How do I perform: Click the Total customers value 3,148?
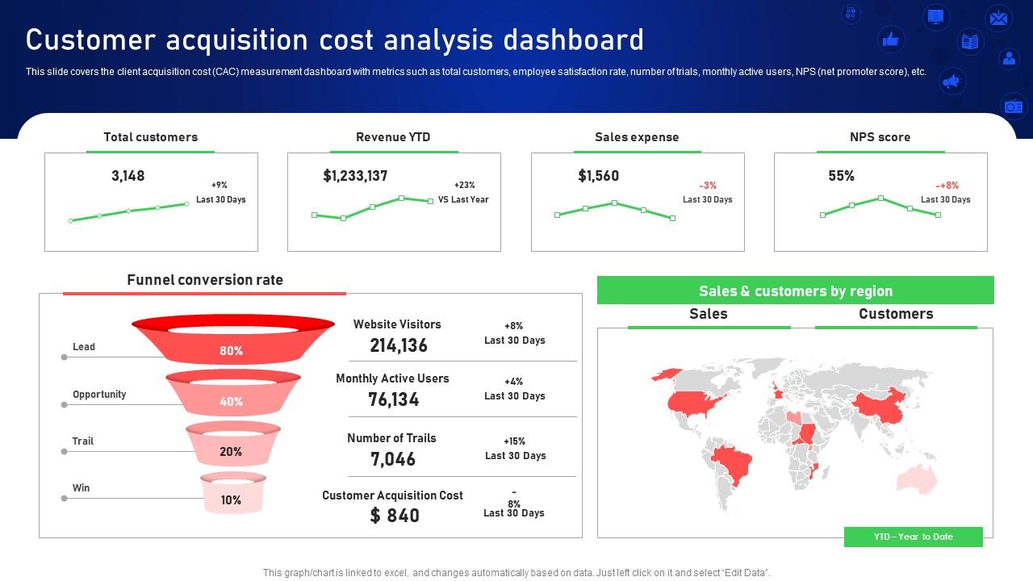point(128,176)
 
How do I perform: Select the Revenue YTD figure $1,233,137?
point(355,176)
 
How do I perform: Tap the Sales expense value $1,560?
point(598,176)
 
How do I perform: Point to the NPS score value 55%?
point(841,176)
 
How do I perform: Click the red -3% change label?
point(707,186)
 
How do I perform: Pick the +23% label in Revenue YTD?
point(464,186)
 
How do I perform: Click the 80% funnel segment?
point(231,350)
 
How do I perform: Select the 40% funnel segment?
point(231,401)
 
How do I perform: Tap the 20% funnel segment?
point(231,452)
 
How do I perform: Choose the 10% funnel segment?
point(231,500)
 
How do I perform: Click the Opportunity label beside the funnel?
point(99,395)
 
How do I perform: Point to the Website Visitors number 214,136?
point(399,345)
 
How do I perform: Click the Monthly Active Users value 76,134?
point(394,399)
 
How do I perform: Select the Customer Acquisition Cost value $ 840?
point(395,516)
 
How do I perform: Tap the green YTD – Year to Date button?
point(913,537)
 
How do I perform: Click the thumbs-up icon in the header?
point(891,39)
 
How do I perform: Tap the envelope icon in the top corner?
point(998,18)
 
